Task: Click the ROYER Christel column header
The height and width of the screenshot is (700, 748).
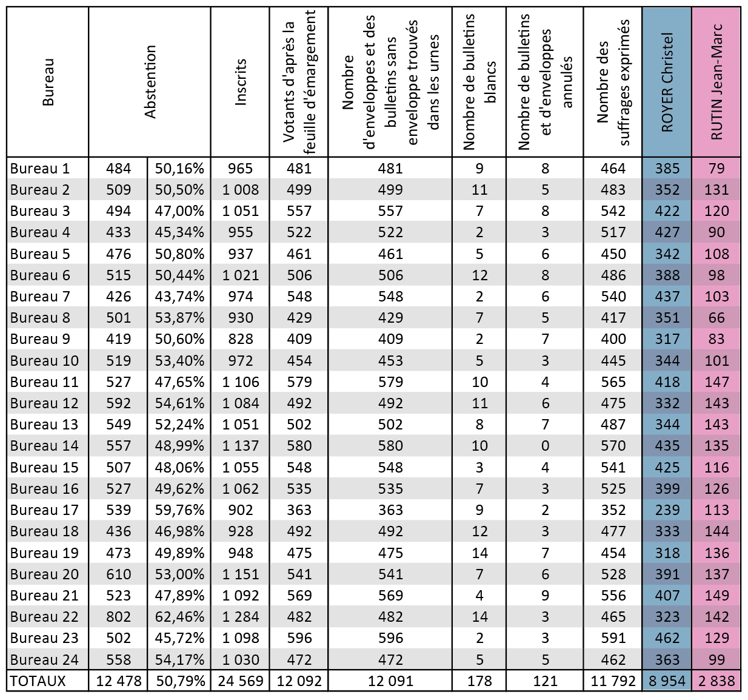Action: [x=667, y=82]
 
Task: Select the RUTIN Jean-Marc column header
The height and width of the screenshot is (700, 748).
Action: [x=716, y=82]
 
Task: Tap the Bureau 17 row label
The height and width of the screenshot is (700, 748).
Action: [x=44, y=510]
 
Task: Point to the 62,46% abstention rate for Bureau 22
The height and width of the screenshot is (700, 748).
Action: [x=179, y=617]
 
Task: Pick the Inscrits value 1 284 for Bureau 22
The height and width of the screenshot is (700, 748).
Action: [x=241, y=617]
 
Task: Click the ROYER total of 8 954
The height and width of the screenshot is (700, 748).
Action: [x=667, y=681]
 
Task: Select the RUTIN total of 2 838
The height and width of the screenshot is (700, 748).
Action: [x=716, y=681]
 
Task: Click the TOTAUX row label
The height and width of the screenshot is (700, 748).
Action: [x=38, y=681]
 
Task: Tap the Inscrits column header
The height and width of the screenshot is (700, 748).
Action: [x=241, y=82]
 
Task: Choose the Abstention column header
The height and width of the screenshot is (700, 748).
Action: [x=150, y=82]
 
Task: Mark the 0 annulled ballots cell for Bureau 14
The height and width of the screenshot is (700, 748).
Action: [x=545, y=446]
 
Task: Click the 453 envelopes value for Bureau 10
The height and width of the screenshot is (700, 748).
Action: [x=390, y=361]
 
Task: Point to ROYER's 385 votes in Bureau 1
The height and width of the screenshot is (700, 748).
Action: [x=667, y=169]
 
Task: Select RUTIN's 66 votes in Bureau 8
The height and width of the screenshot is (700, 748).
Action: [x=716, y=318]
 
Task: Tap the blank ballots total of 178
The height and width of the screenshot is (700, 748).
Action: [x=479, y=681]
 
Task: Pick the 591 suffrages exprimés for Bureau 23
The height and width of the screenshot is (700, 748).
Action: [x=613, y=638]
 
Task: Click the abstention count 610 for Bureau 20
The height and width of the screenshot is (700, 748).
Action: [x=118, y=574]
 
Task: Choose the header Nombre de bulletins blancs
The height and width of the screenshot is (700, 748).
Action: [x=479, y=82]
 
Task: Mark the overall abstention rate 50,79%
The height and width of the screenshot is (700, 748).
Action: [x=179, y=681]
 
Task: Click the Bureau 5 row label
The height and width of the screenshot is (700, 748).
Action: [x=40, y=254]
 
